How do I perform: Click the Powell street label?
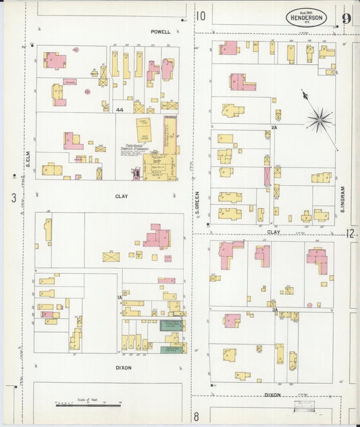[161, 31]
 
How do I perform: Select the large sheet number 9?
[346, 18]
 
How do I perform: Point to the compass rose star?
[319, 120]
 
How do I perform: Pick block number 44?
[120, 109]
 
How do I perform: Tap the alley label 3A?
[275, 309]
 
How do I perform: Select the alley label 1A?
[120, 297]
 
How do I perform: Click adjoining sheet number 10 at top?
[201, 16]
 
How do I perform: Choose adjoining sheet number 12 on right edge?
[351, 233]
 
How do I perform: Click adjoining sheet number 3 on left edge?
[14, 197]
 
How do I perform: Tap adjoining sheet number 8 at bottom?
[197, 416]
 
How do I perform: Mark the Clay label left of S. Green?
[122, 197]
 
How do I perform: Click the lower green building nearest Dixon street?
[173, 350]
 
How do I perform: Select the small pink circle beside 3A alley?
[309, 305]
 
